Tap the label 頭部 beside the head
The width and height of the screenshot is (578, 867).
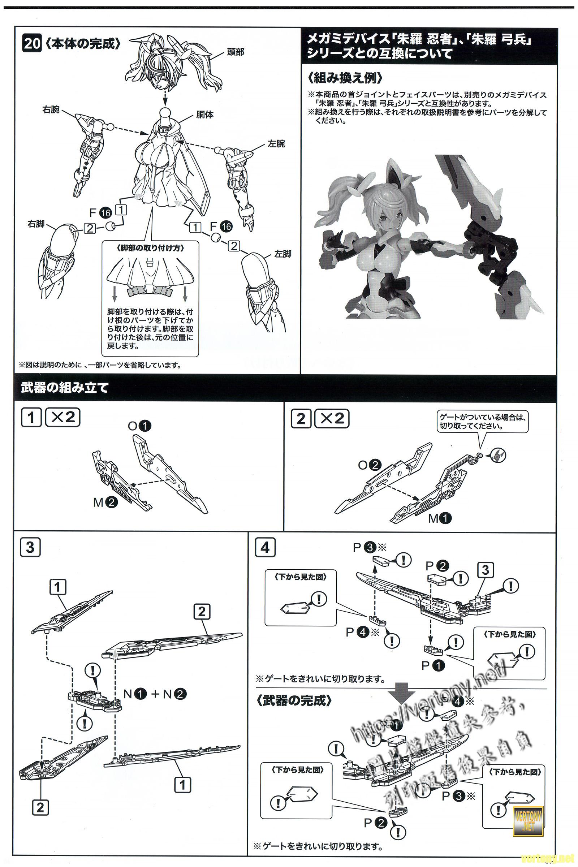(235, 52)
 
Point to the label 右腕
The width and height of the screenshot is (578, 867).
(51, 109)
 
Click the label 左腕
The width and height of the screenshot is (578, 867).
(276, 144)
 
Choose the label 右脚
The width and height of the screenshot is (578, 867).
(36, 224)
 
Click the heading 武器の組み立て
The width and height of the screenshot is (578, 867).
(65, 388)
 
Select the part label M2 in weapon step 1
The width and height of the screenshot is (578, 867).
(105, 502)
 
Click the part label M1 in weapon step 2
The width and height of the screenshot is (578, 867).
(439, 518)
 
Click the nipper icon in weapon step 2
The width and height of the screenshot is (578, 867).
(498, 456)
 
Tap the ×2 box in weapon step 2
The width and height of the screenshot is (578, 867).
(332, 418)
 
